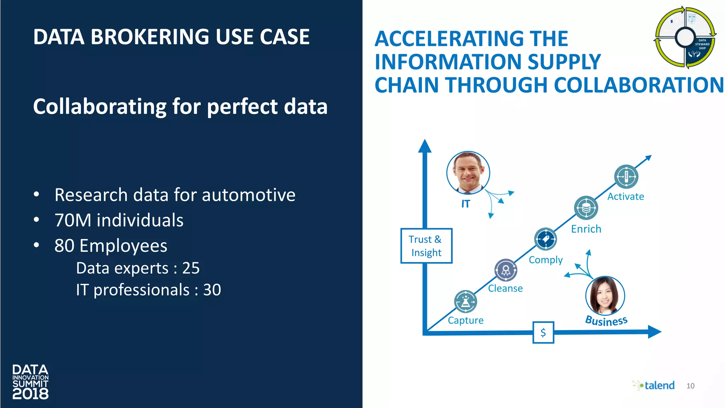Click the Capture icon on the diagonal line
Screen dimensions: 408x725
[x=466, y=302]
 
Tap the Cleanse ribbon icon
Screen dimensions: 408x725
[x=506, y=270]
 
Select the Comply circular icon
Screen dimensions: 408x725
[x=545, y=239]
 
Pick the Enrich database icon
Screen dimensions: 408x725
[x=586, y=208]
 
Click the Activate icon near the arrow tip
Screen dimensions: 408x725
[x=626, y=176]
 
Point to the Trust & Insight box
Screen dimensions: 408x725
[x=426, y=246]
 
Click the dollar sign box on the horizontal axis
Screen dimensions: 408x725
[x=543, y=332]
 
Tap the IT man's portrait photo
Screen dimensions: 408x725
[x=468, y=173]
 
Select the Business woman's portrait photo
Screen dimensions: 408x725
[x=605, y=296]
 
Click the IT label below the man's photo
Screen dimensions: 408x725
[x=466, y=204]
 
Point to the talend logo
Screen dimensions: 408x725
[x=654, y=385]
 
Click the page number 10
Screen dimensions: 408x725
[x=690, y=386]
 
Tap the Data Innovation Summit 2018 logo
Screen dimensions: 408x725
[x=30, y=382]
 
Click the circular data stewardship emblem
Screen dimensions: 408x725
[x=685, y=37]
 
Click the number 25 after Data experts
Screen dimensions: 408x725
[x=191, y=268]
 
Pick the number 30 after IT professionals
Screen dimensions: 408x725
[x=212, y=290]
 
